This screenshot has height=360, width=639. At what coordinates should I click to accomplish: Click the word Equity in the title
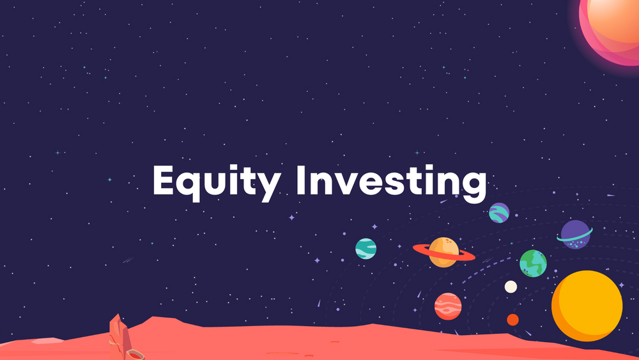(216, 181)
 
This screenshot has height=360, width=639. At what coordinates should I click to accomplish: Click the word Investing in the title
(390, 181)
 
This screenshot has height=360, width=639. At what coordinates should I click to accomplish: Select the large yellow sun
(587, 306)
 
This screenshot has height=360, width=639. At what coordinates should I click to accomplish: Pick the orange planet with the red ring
(443, 252)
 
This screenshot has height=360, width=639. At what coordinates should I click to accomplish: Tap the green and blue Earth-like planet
(533, 263)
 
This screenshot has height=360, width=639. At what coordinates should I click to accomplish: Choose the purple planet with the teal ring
(575, 234)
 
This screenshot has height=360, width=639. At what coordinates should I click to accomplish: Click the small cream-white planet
(511, 286)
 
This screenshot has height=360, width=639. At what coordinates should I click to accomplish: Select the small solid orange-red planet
(512, 319)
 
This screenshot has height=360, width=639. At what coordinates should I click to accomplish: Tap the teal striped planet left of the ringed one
(366, 248)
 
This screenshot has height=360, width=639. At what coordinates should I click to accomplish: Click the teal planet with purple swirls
(499, 212)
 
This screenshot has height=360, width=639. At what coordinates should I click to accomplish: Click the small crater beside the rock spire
(135, 354)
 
